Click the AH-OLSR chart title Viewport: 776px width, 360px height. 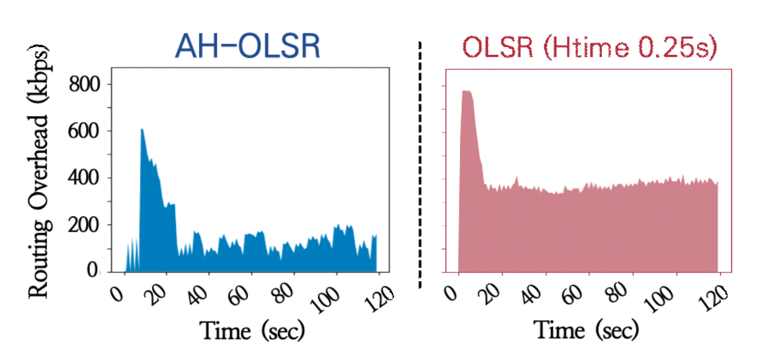pos(247,47)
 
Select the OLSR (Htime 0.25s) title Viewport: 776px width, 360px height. pos(589,49)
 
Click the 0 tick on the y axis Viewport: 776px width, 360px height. pos(92,270)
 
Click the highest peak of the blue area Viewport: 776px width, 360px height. pos(141,130)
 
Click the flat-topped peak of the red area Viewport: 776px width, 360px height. pos(466,92)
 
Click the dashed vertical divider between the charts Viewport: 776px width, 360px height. pos(420,164)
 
